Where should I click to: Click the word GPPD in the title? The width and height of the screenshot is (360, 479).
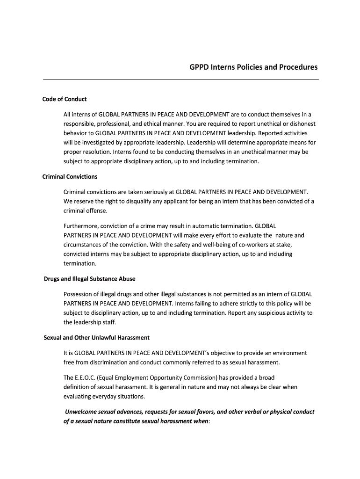(199, 67)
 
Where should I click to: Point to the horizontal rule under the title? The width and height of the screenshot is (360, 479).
(180, 80)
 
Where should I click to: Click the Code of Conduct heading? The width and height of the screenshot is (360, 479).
(65, 99)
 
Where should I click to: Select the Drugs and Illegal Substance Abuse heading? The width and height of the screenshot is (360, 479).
(89, 279)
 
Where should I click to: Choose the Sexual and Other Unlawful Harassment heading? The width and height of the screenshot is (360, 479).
(96, 338)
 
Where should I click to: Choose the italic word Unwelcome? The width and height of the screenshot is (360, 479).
(83, 412)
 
